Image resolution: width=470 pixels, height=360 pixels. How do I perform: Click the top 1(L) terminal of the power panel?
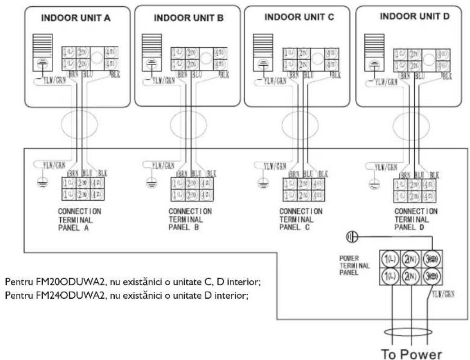[389, 259]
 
